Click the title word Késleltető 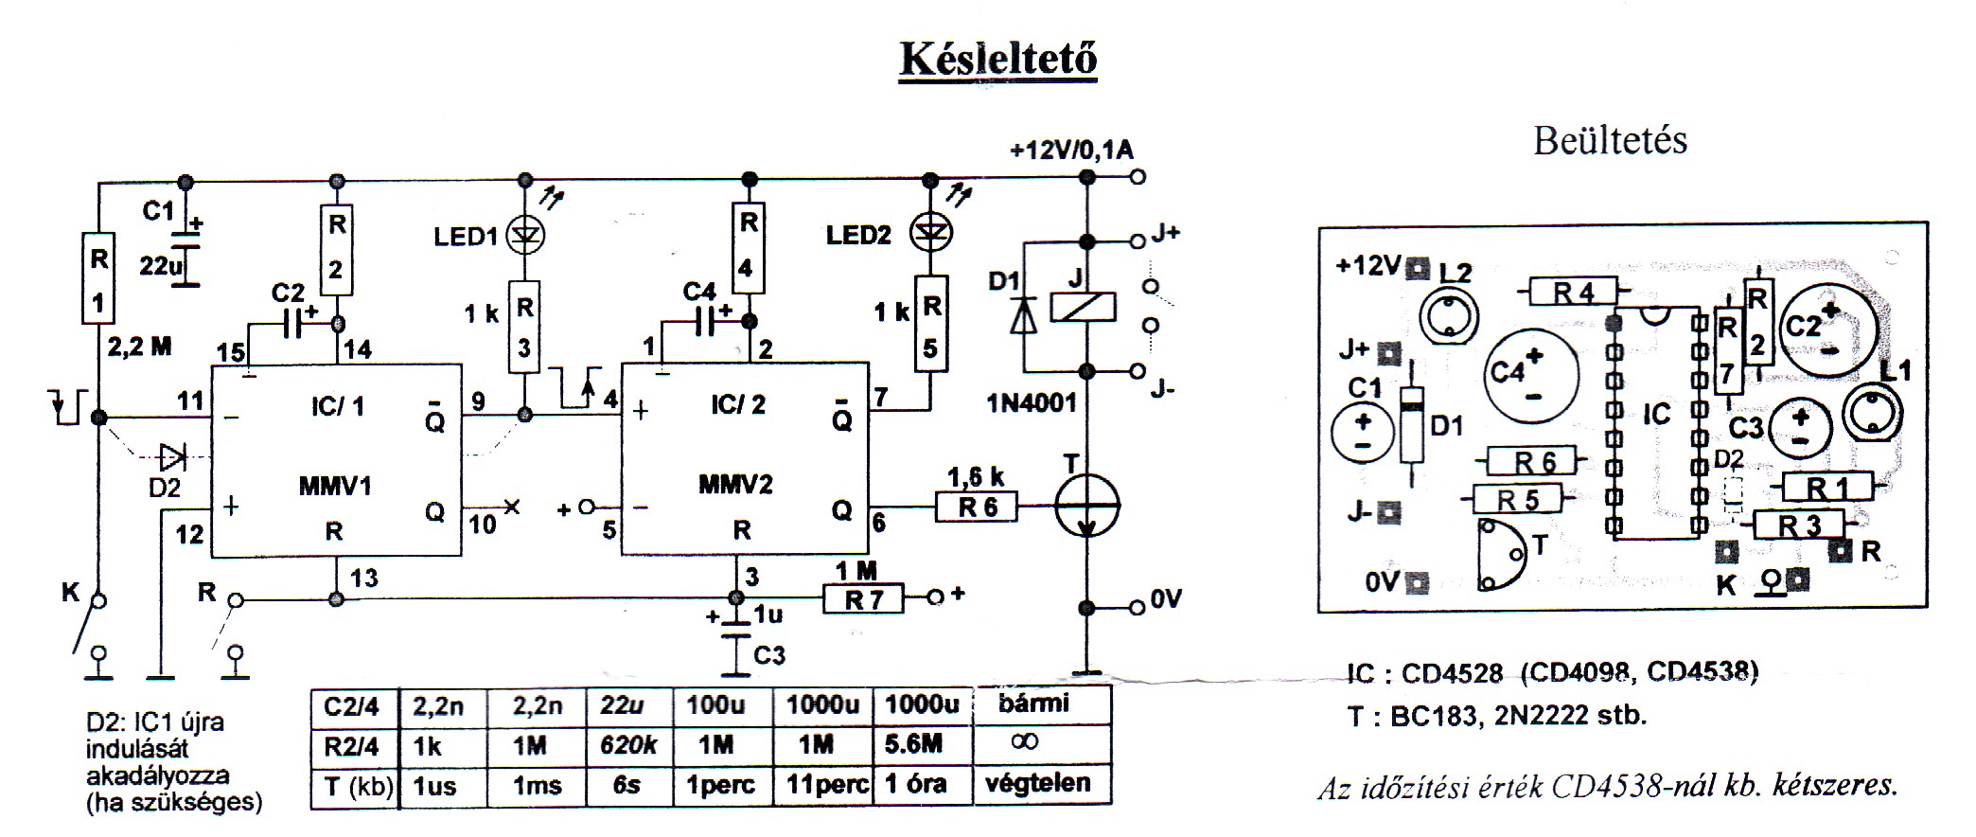[x=997, y=59]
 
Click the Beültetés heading [x=1610, y=140]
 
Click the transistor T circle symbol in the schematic [x=1087, y=506]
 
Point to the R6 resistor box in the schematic [x=978, y=508]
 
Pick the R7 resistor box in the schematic [x=863, y=599]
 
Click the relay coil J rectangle [x=1086, y=307]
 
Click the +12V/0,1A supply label [x=1070, y=150]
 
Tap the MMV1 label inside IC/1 [x=335, y=487]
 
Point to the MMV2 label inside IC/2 [x=735, y=485]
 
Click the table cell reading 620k [x=627, y=745]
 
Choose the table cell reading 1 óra [x=914, y=785]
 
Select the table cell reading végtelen [x=1037, y=784]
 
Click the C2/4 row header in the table [x=351, y=706]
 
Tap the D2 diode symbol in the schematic [x=172, y=458]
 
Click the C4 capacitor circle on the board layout [x=1533, y=376]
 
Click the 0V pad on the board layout [x=1417, y=581]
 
